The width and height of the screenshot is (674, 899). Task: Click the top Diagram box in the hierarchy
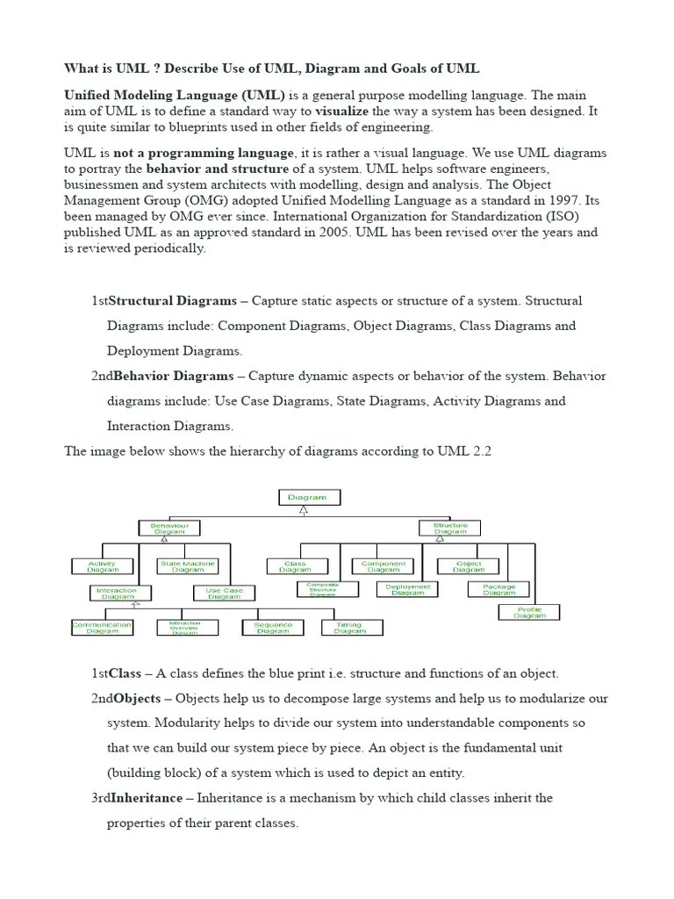309,497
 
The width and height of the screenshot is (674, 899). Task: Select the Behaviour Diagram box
169,528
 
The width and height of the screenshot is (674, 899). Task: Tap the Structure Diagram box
450,528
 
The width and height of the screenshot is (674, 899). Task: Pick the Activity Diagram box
103,566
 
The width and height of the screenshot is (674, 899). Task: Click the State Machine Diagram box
188,566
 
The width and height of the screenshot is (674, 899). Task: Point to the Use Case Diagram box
225,593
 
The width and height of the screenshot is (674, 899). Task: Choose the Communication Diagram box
102,627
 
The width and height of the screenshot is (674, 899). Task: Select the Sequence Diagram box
273,627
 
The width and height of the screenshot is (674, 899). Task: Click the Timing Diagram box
350,627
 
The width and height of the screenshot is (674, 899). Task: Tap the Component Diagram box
384,566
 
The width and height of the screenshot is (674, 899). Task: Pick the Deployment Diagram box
407,589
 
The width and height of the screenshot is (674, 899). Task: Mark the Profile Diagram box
529,613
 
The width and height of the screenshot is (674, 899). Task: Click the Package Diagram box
499,589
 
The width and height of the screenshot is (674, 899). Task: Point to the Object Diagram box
469,566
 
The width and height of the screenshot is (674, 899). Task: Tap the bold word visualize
342,111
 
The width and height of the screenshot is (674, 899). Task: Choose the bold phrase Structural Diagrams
172,300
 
